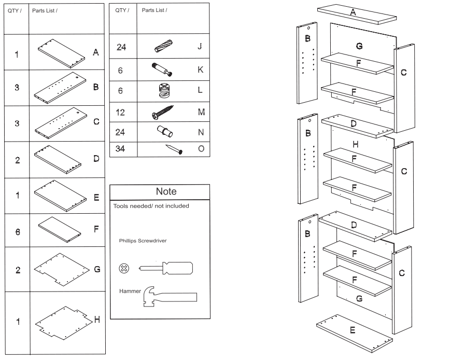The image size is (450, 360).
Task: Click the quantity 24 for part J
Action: pos(121,47)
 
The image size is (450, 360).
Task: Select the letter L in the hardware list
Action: pos(200,90)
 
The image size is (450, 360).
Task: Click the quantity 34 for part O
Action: pos(121,149)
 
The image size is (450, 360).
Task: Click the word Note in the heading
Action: pos(166,191)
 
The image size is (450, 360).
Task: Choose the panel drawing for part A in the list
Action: pos(61,52)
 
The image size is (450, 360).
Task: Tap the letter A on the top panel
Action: pos(353,12)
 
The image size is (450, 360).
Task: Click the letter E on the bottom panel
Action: pos(352,329)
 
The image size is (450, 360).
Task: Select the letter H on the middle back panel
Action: pos(355,143)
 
